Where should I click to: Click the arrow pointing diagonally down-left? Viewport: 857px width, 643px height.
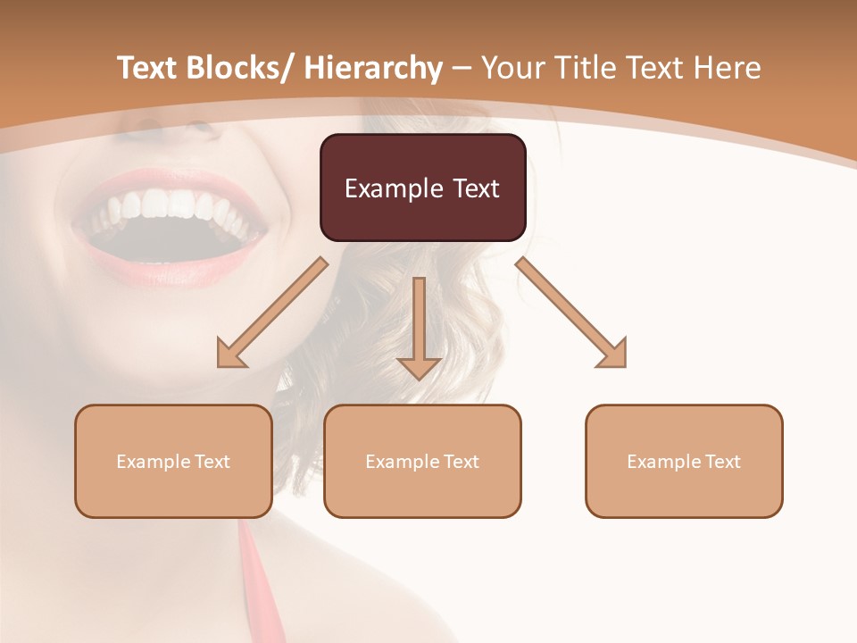[272, 313]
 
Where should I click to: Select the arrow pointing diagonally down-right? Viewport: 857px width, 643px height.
[571, 313]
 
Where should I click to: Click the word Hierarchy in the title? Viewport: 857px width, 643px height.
[373, 68]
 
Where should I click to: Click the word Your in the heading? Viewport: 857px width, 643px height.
[512, 68]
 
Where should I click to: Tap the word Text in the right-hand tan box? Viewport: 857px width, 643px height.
[722, 462]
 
